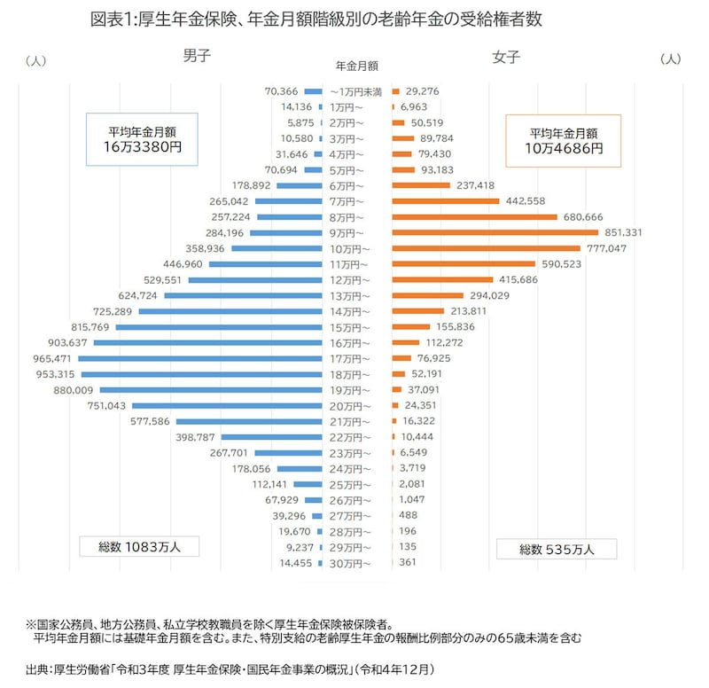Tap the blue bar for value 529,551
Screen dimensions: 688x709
(256, 279)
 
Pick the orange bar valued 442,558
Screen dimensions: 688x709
(442, 201)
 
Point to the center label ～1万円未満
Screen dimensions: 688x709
(355, 91)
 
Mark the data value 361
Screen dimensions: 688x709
(409, 563)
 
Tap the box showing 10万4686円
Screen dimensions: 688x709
(563, 141)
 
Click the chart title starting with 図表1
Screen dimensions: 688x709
(316, 20)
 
